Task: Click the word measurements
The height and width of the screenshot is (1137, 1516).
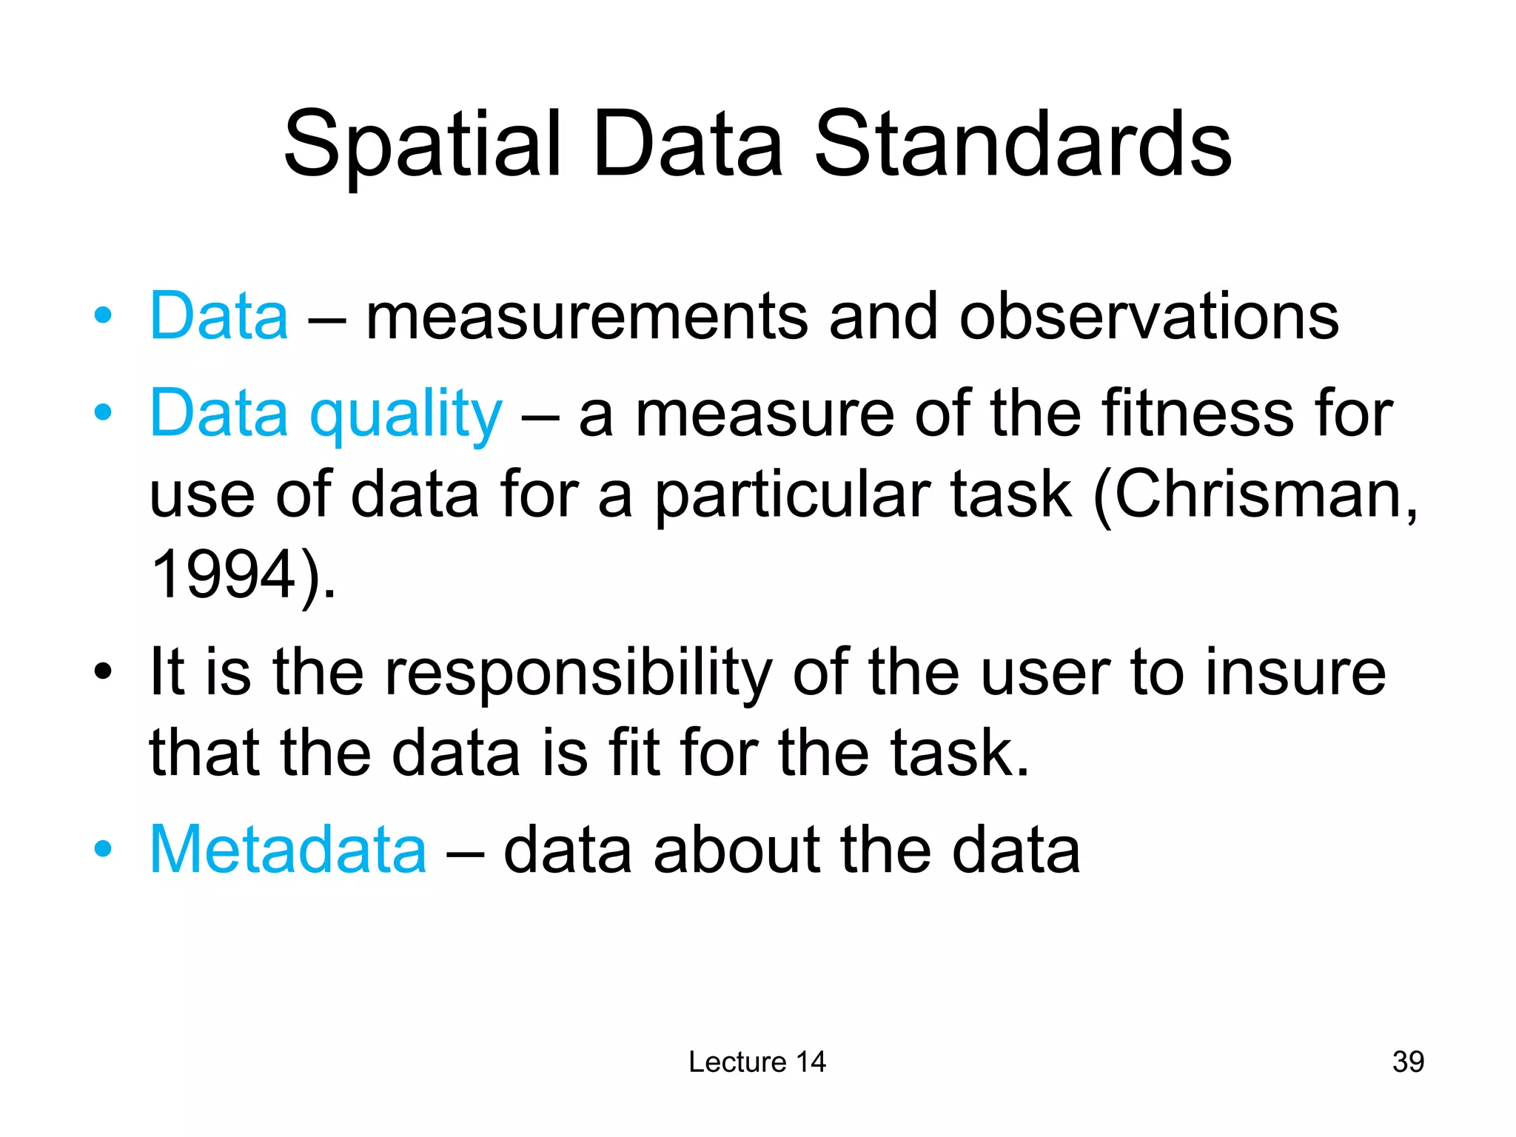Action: point(586,317)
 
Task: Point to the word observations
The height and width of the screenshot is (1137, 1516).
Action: point(1149,317)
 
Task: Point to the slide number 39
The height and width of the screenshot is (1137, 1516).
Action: point(1408,1061)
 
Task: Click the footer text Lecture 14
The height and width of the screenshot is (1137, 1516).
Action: point(757,1061)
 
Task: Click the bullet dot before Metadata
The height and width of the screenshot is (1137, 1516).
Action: point(103,848)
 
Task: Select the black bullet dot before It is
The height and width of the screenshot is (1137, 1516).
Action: point(103,672)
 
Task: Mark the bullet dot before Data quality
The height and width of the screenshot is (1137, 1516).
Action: point(103,412)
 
